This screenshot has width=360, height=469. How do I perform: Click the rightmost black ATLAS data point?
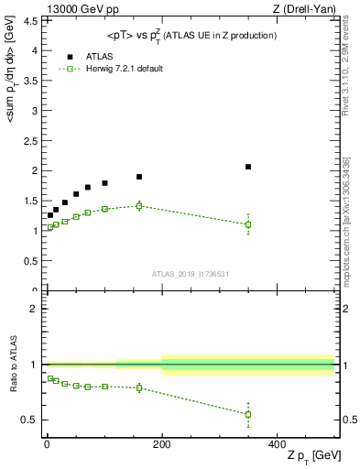click(x=248, y=167)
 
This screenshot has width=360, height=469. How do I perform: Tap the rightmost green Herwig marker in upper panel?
click(x=248, y=224)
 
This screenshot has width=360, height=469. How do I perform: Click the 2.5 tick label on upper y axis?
click(x=34, y=141)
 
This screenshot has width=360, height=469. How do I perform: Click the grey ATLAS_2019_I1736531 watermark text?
click(x=190, y=274)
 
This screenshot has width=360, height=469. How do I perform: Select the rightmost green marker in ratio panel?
click(x=248, y=414)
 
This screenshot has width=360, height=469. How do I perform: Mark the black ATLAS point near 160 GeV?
click(x=139, y=177)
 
